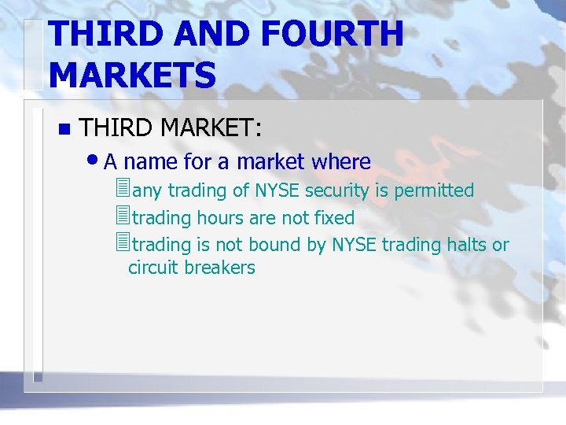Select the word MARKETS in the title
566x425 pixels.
pyautogui.click(x=132, y=76)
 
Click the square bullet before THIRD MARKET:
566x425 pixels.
pyautogui.click(x=64, y=128)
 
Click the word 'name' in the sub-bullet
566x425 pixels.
pyautogui.click(x=150, y=162)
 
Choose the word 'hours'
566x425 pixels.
pyautogui.click(x=225, y=218)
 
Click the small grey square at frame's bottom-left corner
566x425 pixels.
pyautogui.click(x=37, y=378)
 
